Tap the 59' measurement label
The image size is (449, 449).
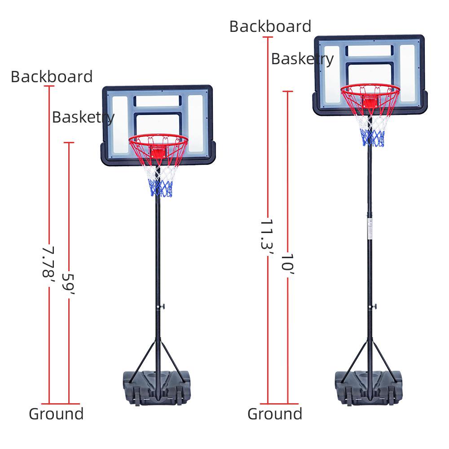click(68, 284)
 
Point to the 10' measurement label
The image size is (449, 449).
click(287, 262)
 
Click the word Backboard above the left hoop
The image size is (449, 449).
click(52, 77)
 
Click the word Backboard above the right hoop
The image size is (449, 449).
click(270, 26)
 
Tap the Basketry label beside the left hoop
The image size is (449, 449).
click(83, 117)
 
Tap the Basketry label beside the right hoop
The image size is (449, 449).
click(302, 59)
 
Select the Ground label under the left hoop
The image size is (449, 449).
click(56, 414)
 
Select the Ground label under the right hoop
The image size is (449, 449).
click(275, 414)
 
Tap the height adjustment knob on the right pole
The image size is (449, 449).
click(374, 306)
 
